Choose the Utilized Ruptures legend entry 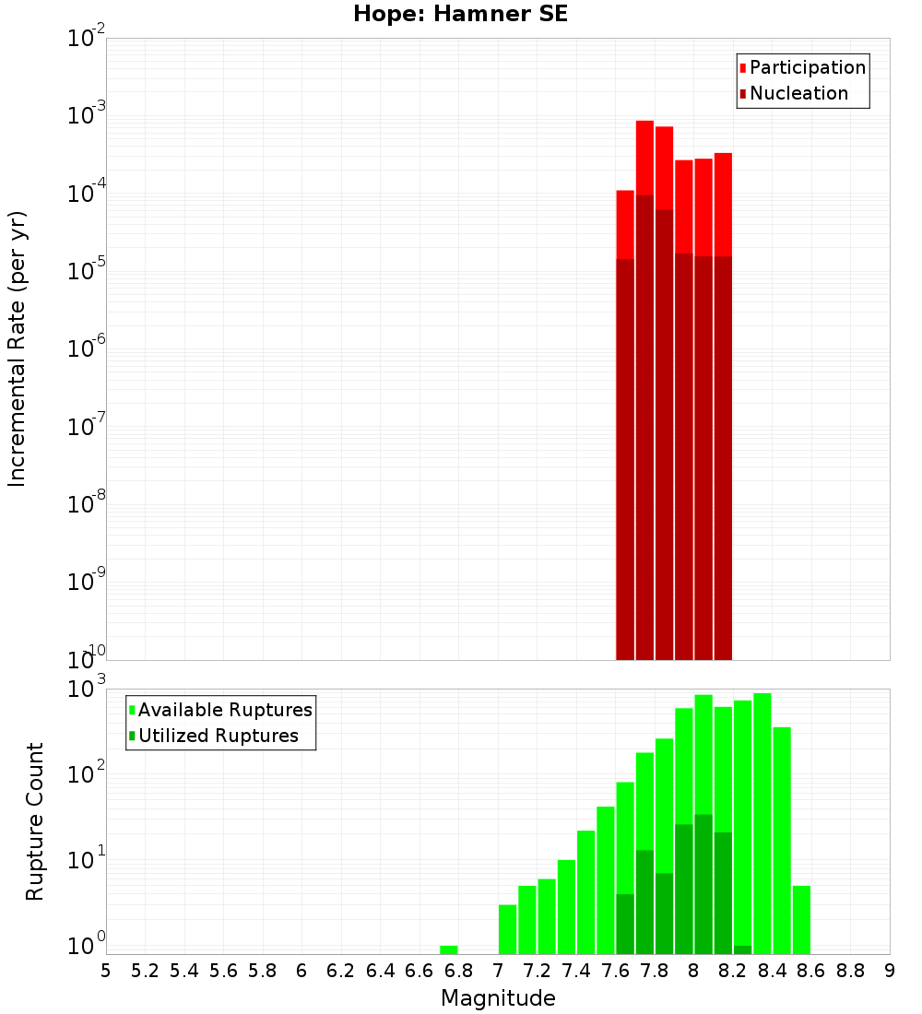(x=218, y=736)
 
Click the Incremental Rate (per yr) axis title (x=18, y=348)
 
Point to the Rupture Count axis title (x=35, y=820)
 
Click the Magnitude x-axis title (x=498, y=998)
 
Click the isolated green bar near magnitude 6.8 (x=449, y=949)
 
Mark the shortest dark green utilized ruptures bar (x=742, y=949)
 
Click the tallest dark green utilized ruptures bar (x=703, y=885)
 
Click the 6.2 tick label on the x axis (x=341, y=970)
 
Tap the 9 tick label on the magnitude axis (x=890, y=970)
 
